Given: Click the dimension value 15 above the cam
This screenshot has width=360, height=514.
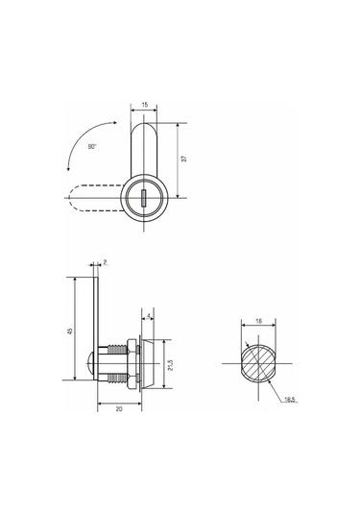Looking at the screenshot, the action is click(144, 105).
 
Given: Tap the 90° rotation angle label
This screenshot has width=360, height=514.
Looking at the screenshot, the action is click(92, 147).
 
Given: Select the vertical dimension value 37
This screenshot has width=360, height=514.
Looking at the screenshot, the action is click(184, 159).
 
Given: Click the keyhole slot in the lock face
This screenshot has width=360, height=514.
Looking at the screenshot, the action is click(143, 198).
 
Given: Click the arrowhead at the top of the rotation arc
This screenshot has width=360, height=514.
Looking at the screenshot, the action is click(114, 123).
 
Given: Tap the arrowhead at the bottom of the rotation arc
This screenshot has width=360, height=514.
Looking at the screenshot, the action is click(68, 168).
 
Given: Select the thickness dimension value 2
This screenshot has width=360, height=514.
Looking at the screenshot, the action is click(105, 261).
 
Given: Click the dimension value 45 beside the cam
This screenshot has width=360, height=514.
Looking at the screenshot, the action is click(70, 331).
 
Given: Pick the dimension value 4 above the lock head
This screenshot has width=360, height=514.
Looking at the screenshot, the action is click(149, 316).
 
